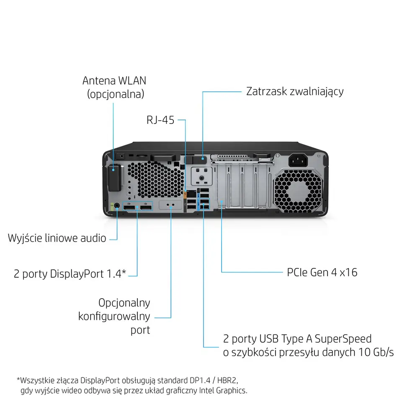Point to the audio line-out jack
point(116,206)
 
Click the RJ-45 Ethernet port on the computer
point(191,194)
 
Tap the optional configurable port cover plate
point(171,206)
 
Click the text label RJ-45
point(160,121)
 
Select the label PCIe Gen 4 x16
point(322,272)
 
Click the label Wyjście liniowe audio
point(57,238)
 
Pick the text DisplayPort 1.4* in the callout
point(88,274)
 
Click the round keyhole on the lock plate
point(202,178)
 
